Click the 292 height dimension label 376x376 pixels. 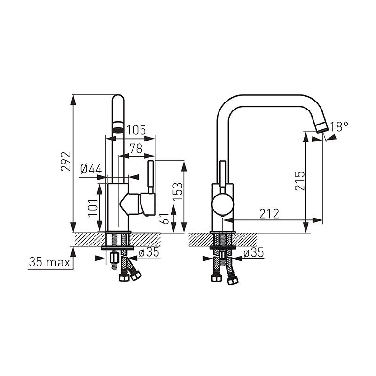click(x=66, y=161)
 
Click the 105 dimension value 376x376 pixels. click(x=136, y=130)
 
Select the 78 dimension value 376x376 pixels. click(x=136, y=149)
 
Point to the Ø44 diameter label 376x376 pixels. click(x=91, y=169)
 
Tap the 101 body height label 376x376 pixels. click(x=93, y=208)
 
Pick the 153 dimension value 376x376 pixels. click(x=178, y=192)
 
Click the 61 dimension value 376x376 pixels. click(x=165, y=219)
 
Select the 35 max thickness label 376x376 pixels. click(x=49, y=262)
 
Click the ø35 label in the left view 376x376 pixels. click(x=149, y=252)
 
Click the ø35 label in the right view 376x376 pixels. click(x=253, y=253)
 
